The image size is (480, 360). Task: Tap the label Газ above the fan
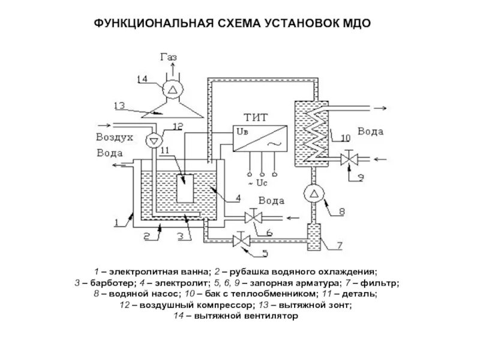click(169, 57)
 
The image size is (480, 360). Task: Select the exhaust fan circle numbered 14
click(172, 89)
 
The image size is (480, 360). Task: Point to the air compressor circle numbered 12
click(154, 139)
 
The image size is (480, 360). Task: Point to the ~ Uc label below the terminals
click(262, 181)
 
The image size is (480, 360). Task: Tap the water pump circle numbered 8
click(314, 194)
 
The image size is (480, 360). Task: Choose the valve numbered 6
click(254, 215)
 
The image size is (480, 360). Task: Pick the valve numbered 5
click(242, 240)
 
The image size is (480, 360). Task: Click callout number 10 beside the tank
click(345, 138)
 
